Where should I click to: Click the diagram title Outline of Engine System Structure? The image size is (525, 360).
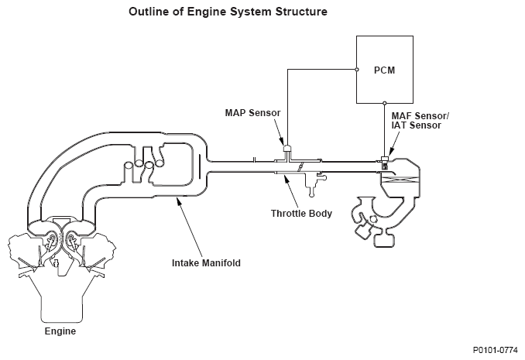click(x=228, y=12)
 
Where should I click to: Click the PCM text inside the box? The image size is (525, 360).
click(x=384, y=70)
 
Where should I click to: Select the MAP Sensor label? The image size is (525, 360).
click(x=252, y=113)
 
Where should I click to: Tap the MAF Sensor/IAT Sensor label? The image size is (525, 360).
click(x=420, y=121)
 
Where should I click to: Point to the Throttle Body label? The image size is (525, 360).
click(x=301, y=214)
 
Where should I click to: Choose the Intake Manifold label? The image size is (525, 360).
click(x=206, y=263)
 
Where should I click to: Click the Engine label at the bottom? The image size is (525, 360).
click(x=60, y=331)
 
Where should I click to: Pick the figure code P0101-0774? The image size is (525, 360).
click(x=496, y=350)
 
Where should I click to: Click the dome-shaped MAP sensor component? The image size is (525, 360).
click(x=287, y=148)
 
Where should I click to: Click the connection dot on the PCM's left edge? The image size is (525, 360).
click(x=357, y=70)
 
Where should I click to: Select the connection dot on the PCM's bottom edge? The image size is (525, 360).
click(x=385, y=103)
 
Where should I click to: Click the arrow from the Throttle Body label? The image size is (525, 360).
click(x=291, y=190)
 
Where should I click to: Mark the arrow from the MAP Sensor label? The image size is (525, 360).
click(x=279, y=132)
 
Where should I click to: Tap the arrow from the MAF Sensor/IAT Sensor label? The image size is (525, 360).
click(x=393, y=143)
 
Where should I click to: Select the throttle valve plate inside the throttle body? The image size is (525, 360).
click(x=300, y=166)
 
